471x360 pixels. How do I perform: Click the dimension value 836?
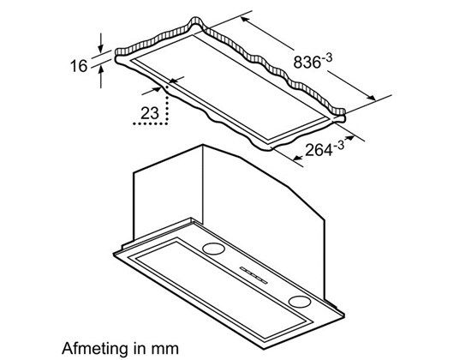(x=306, y=63)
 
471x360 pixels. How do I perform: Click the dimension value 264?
(x=319, y=149)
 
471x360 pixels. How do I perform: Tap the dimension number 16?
(x=79, y=66)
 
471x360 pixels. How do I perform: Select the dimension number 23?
(x=150, y=113)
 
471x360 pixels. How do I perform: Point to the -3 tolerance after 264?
(x=339, y=145)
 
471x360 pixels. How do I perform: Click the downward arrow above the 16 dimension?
(x=101, y=42)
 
